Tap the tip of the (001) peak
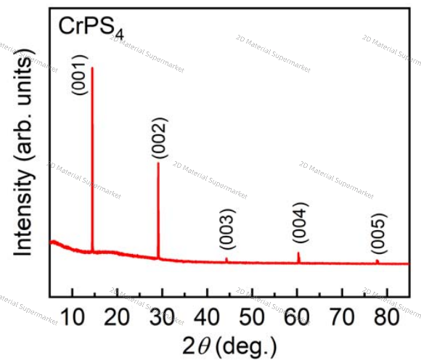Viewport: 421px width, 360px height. [x=92, y=67]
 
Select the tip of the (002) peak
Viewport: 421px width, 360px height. [x=158, y=163]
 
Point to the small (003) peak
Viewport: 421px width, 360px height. [x=226, y=258]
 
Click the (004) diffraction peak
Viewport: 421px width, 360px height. [x=298, y=254]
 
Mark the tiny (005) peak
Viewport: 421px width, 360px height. [x=377, y=261]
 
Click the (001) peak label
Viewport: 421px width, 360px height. [x=79, y=75]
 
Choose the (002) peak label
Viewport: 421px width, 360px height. [x=159, y=138]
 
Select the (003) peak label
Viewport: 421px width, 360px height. [x=226, y=229]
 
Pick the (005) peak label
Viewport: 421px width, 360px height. [x=378, y=233]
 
